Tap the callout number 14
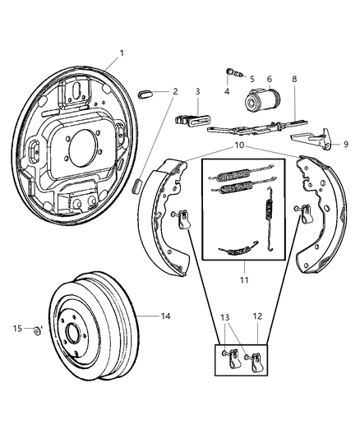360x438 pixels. [x=165, y=315]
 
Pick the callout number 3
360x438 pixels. [x=197, y=91]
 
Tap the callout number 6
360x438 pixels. [x=269, y=79]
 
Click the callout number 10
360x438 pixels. [x=239, y=145]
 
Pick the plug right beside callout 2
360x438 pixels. [x=148, y=92]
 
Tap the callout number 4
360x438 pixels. [x=226, y=92]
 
